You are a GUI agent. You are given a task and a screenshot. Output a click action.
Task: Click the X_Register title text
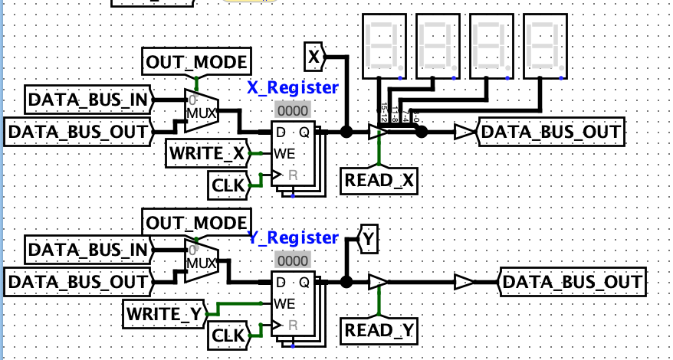[292, 87]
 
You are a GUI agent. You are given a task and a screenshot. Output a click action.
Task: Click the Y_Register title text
[293, 237]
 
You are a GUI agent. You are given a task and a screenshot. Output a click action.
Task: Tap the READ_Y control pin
[379, 331]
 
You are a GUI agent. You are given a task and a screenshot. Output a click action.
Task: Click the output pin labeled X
[314, 56]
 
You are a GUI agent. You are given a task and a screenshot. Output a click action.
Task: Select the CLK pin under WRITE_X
[229, 184]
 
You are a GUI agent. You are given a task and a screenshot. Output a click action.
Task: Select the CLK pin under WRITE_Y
[229, 334]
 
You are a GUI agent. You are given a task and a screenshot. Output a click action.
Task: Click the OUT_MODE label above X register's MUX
[195, 61]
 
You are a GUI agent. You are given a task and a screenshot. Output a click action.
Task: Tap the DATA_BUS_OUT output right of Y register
[573, 282]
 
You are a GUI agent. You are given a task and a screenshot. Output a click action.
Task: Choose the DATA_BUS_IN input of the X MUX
[89, 99]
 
